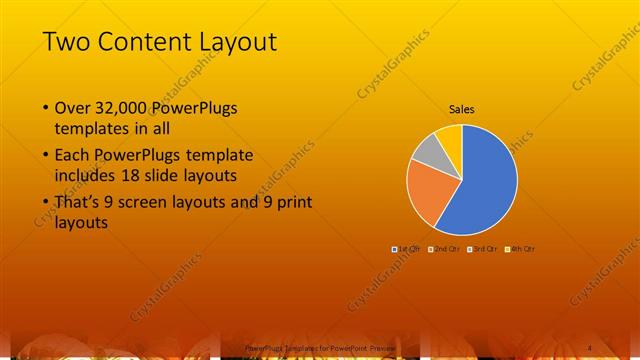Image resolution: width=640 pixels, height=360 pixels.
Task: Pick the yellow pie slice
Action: (x=450, y=137)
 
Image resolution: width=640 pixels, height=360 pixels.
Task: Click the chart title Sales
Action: (x=461, y=109)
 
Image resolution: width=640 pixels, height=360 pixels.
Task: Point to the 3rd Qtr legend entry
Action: (x=481, y=248)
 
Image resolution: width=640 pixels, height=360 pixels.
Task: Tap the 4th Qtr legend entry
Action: (x=519, y=248)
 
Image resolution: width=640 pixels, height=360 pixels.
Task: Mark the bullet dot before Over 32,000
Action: (x=45, y=108)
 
